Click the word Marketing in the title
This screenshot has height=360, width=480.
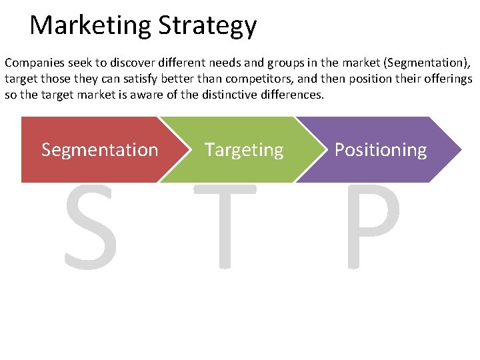[x=91, y=26]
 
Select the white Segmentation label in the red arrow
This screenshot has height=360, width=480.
[x=100, y=150]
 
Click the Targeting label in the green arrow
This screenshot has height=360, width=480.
[x=244, y=150]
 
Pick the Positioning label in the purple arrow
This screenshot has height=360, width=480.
[x=380, y=150]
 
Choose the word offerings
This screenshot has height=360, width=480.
[x=447, y=79]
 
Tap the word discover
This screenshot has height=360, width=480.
[x=120, y=63]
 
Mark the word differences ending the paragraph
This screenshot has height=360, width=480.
[x=291, y=94]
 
